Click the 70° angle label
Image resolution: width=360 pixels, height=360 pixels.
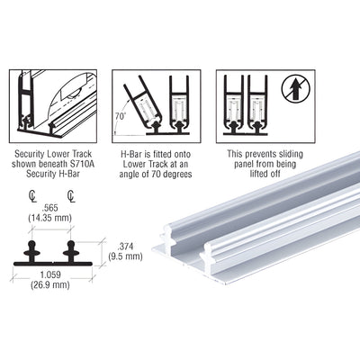(120, 115)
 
